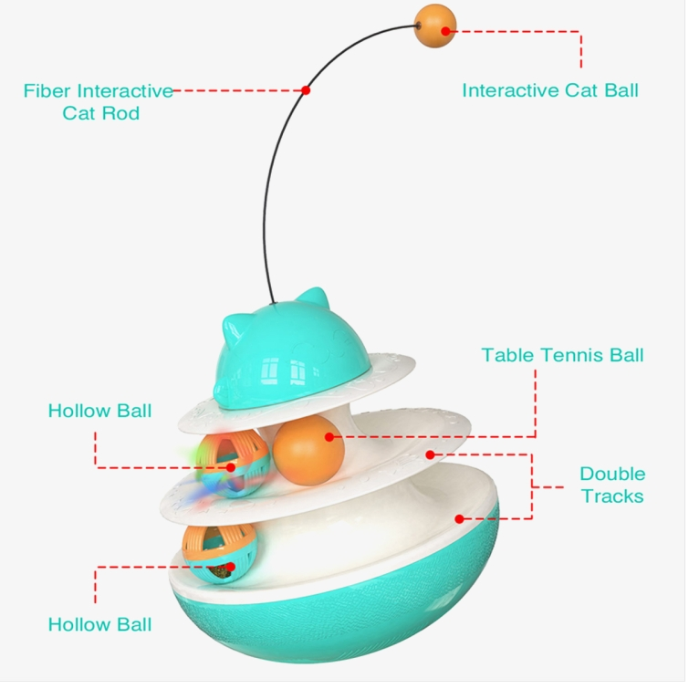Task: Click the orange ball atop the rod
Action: pyautogui.click(x=435, y=26)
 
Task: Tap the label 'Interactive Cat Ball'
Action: pyautogui.click(x=550, y=90)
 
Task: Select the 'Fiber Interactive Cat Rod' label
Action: pyautogui.click(x=99, y=102)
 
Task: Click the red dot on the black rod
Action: pyautogui.click(x=306, y=90)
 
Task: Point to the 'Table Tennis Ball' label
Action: pyautogui.click(x=562, y=355)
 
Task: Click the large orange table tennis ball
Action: pyautogui.click(x=308, y=451)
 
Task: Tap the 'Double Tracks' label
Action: pyautogui.click(x=612, y=485)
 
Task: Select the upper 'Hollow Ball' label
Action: pyautogui.click(x=99, y=411)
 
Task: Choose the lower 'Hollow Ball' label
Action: pyautogui.click(x=99, y=624)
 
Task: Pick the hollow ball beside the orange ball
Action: pyautogui.click(x=233, y=464)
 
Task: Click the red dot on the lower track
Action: pyautogui.click(x=459, y=519)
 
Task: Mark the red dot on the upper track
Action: pyautogui.click(x=430, y=454)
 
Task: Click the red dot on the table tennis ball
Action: pyautogui.click(x=329, y=437)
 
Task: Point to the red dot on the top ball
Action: pyautogui.click(x=445, y=31)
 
